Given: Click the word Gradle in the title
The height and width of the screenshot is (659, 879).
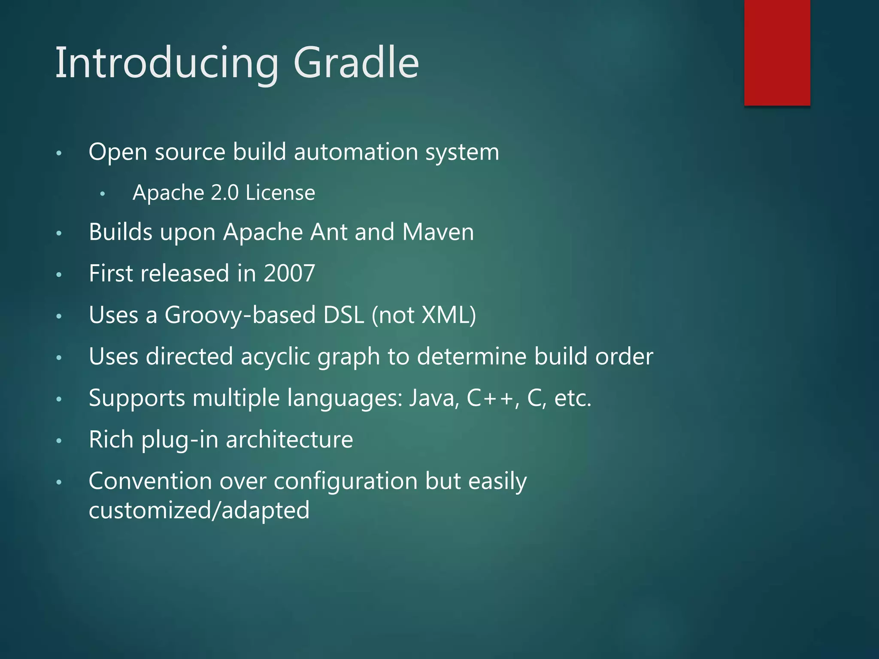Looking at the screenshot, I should click(356, 63).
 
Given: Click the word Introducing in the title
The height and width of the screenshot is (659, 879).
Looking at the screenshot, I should click(167, 63).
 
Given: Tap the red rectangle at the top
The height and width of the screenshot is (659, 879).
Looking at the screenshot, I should click(777, 52).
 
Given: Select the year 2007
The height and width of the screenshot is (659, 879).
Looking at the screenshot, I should click(289, 273).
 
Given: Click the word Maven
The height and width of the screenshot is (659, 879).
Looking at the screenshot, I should click(438, 232).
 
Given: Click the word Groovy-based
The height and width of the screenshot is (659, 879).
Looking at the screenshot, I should click(240, 315).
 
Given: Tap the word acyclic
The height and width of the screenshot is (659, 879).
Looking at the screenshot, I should click(275, 357).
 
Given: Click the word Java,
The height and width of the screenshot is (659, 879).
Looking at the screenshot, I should click(434, 398).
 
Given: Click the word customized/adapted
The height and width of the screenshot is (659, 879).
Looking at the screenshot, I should click(199, 511).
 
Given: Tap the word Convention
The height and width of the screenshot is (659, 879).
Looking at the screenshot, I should click(150, 481).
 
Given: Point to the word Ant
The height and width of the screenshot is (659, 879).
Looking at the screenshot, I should click(328, 232).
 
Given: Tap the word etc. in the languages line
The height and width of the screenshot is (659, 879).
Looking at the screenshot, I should click(573, 398).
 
